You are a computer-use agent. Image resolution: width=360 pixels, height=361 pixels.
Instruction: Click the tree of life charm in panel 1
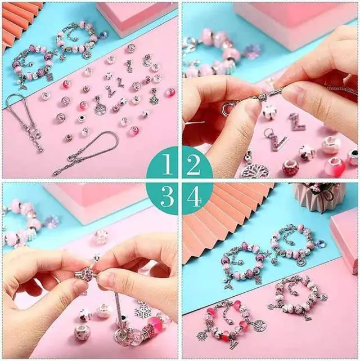point(100,108)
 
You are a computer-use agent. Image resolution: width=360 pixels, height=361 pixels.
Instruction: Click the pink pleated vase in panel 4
point(318,195)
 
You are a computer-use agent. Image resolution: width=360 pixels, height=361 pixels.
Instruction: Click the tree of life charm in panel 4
point(260,325)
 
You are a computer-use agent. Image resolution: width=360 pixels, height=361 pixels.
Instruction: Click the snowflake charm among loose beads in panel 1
point(154,100)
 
